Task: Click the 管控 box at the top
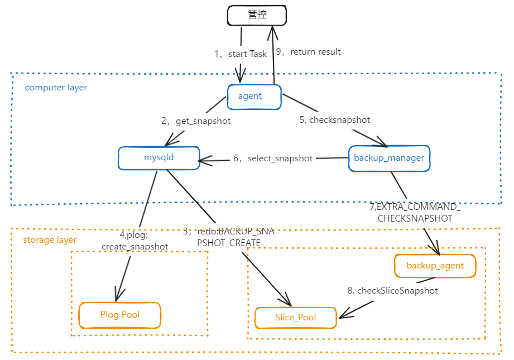pos(257,16)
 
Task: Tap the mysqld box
pos(158,157)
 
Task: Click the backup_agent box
pos(435,266)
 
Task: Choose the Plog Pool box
pos(119,315)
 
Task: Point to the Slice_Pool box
pos(295,318)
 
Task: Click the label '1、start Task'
pos(241,54)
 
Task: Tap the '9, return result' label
pos(309,52)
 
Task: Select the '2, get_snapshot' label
pos(196,121)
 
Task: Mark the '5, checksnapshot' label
pos(334,119)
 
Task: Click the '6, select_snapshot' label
pos(273,159)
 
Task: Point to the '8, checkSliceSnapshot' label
pos(392,290)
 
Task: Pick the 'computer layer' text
pos(56,88)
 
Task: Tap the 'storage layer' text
pos(50,240)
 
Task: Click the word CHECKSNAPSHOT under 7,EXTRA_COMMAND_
pos(415,218)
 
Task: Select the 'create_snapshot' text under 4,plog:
pos(134,247)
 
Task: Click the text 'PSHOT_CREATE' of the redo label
pos(229,243)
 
